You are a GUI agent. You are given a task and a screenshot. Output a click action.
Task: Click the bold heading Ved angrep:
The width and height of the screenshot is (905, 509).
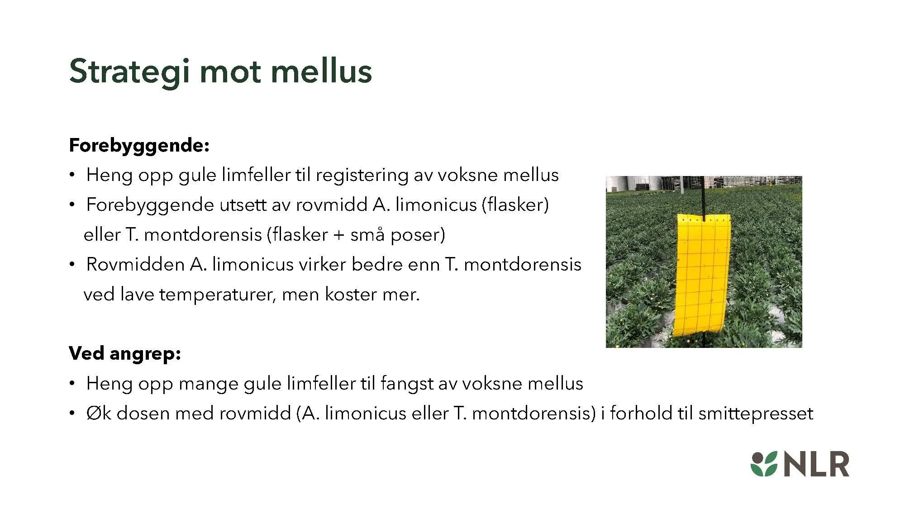tap(125, 353)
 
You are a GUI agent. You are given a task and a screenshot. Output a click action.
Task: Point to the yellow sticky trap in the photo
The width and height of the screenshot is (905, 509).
tap(703, 276)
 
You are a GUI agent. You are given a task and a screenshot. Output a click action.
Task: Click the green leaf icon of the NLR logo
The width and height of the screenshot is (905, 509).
tap(764, 464)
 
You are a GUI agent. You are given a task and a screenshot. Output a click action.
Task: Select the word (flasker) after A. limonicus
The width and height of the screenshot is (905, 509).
tap(515, 205)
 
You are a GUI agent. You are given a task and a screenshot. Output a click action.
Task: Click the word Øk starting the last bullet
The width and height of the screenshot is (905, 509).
tap(99, 413)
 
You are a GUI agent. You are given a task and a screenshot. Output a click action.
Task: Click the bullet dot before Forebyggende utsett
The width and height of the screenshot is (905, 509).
tap(72, 205)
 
